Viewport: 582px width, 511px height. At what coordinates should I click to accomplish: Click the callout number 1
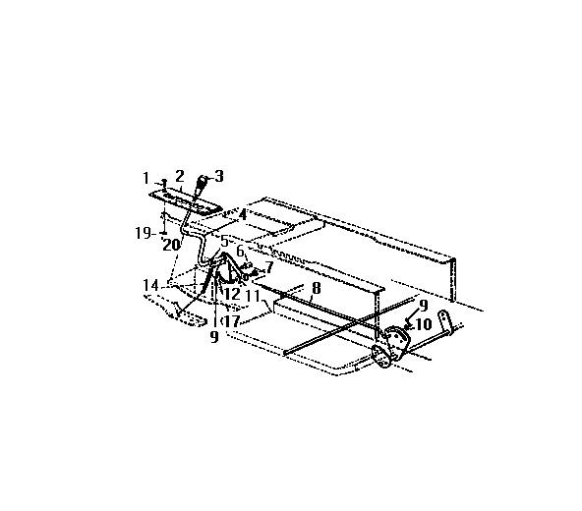145,178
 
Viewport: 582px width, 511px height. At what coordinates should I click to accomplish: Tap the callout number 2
180,175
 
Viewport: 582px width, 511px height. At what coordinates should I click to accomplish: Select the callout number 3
219,177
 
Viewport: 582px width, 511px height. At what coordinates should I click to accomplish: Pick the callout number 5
224,241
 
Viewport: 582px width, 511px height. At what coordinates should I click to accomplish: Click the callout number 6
239,251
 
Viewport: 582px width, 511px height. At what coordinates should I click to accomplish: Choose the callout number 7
268,266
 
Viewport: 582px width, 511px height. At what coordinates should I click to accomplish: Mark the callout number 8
315,289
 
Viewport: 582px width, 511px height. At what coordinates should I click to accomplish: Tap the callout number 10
423,321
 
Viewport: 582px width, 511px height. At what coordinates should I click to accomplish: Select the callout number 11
253,294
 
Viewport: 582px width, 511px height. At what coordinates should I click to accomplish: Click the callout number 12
232,294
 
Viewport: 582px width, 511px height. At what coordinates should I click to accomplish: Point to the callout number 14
150,285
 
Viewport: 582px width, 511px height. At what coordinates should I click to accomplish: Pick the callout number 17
232,320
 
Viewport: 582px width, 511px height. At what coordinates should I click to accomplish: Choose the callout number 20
170,244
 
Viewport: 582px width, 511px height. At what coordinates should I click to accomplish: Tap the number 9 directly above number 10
423,305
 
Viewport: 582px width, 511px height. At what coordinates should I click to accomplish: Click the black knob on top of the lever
202,182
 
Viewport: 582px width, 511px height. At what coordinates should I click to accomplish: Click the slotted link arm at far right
445,323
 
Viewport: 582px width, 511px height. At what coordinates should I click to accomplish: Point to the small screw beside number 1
162,183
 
